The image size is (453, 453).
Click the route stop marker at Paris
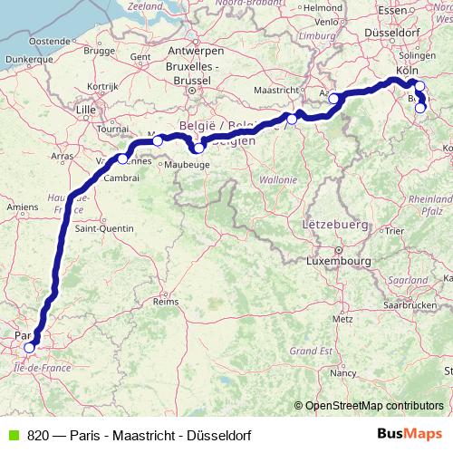tap(29, 347)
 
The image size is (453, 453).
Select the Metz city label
tap(342, 319)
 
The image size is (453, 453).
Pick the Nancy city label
tap(343, 372)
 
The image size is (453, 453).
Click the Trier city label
tap(393, 231)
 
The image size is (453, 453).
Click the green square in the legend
tap(11, 434)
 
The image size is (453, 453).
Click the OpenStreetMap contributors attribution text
tap(374, 406)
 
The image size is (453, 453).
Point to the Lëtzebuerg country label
tap(333, 223)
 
